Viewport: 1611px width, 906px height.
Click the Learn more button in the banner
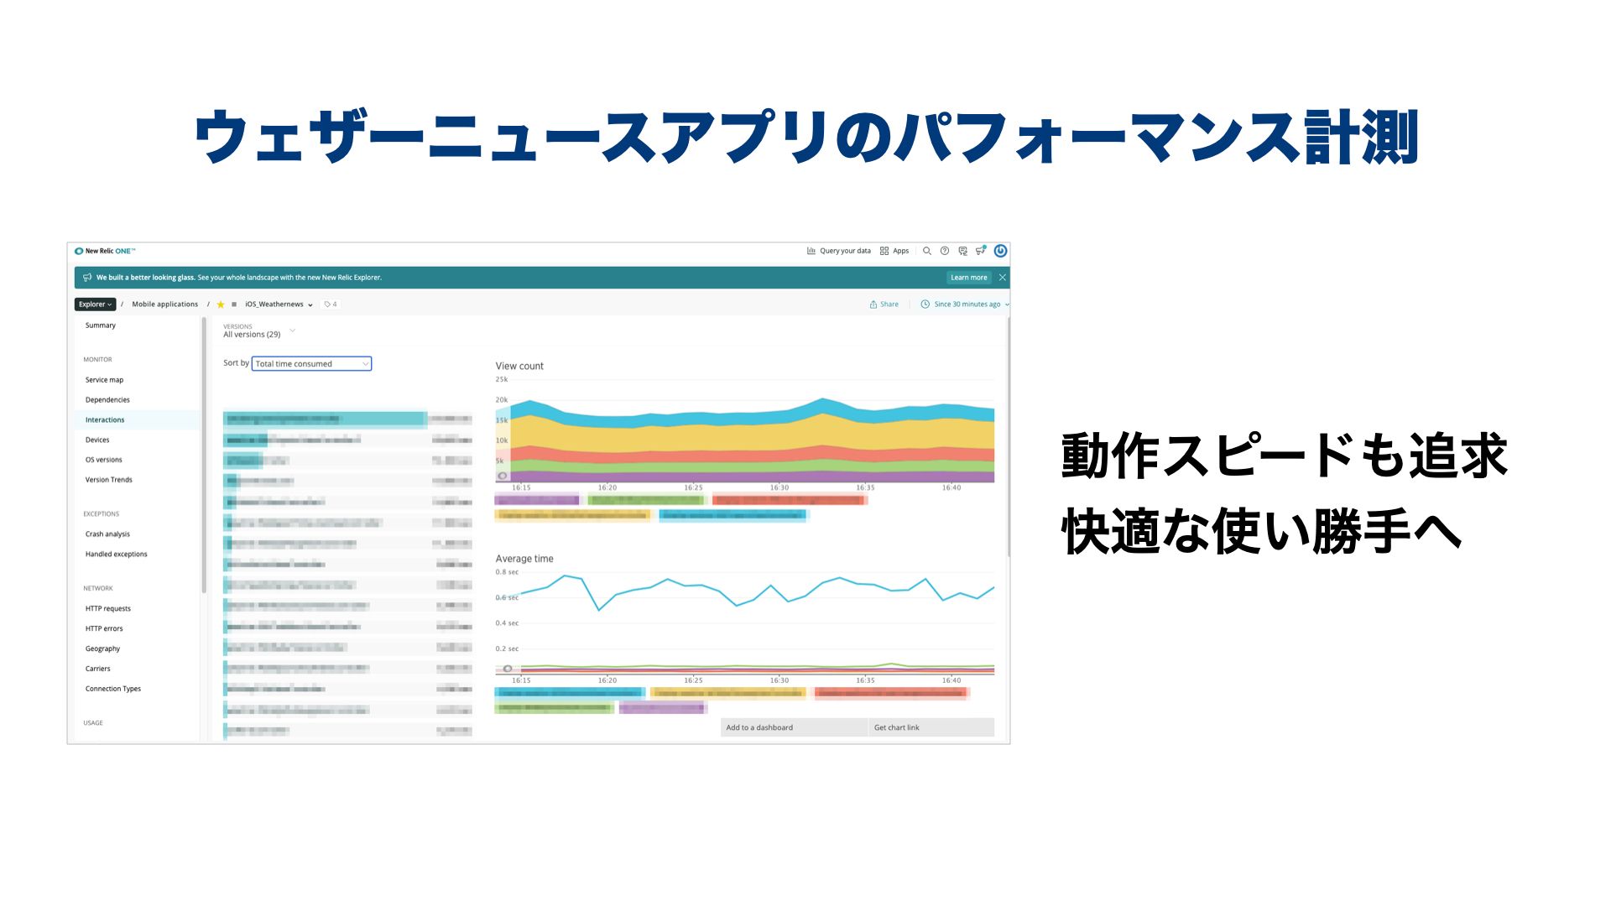click(x=968, y=278)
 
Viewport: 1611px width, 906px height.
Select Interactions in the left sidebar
click(x=105, y=420)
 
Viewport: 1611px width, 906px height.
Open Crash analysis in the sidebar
click(x=107, y=534)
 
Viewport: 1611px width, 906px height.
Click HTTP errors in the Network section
click(x=104, y=629)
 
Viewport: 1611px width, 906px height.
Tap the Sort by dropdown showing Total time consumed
click(x=311, y=364)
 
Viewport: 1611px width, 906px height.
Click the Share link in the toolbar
click(x=884, y=305)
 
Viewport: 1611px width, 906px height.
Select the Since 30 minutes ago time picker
click(x=965, y=305)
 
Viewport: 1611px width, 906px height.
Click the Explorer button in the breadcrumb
click(x=95, y=305)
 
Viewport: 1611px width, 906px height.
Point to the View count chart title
click(x=519, y=367)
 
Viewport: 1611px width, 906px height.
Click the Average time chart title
click(x=524, y=559)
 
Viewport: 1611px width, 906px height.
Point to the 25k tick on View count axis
click(x=502, y=380)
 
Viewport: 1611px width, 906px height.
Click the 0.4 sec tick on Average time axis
click(x=507, y=623)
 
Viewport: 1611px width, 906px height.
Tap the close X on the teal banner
click(x=1002, y=278)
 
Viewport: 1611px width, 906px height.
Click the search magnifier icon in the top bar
click(x=927, y=251)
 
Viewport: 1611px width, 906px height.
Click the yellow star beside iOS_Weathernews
click(x=221, y=305)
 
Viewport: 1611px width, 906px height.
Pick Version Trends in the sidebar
click(x=108, y=480)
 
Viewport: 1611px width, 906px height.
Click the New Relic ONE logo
click(x=105, y=251)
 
